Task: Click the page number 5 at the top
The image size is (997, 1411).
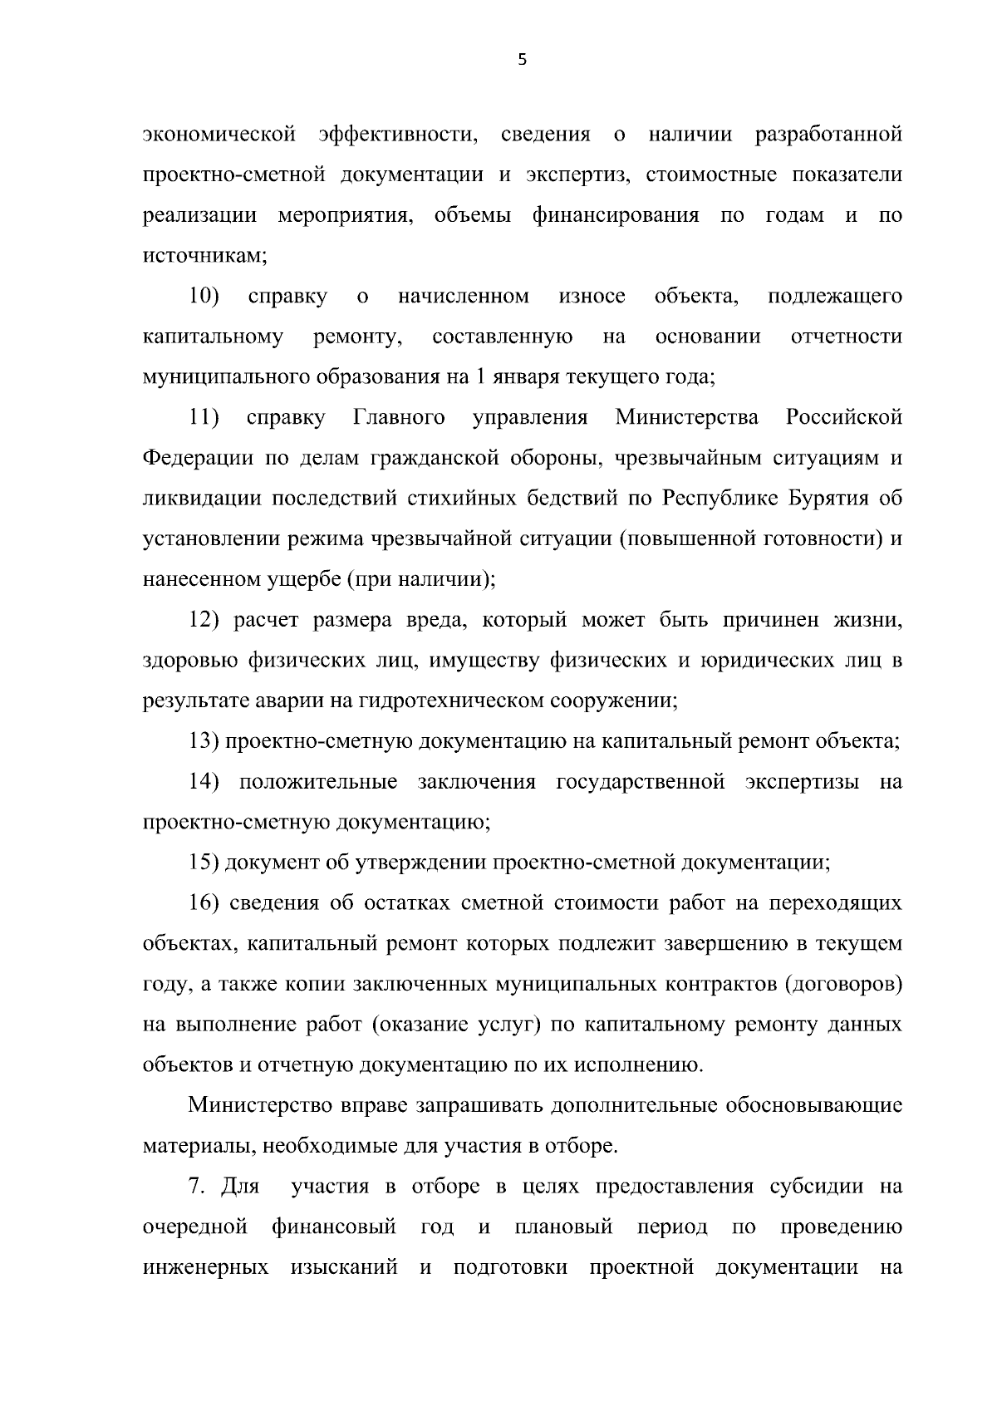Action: tap(522, 59)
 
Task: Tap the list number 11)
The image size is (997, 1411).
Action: tap(204, 417)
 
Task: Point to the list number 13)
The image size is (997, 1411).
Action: tap(204, 741)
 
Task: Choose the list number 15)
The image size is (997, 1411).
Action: tap(204, 863)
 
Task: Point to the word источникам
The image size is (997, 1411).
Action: tap(204, 256)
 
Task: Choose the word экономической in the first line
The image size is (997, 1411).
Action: tap(219, 134)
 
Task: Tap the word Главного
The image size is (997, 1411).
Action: tap(400, 417)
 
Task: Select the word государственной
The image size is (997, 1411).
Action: tap(641, 782)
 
